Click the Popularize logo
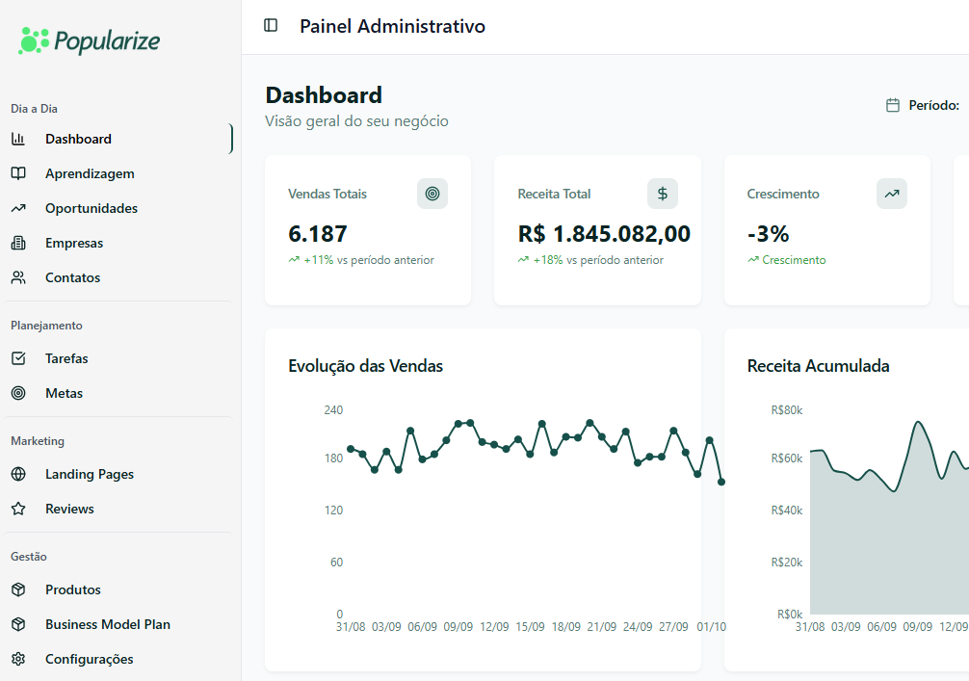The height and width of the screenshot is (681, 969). point(89,40)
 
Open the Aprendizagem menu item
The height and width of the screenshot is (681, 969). point(90,173)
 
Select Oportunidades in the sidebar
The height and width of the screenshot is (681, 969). point(91,208)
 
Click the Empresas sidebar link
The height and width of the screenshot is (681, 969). point(73,243)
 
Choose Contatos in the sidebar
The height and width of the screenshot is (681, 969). point(72,277)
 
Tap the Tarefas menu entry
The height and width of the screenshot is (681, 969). point(66,358)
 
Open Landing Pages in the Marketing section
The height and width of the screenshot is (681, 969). point(89,474)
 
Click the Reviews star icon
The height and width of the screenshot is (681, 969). point(18,509)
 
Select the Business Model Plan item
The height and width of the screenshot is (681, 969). point(107,624)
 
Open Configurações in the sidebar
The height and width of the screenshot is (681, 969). point(89,659)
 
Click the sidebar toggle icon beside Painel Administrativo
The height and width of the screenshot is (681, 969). point(271,26)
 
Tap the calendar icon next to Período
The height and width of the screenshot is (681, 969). point(893,105)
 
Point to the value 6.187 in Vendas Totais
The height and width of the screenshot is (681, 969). point(318,234)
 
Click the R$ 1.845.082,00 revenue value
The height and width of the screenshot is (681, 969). point(604,234)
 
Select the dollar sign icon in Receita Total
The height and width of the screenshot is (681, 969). point(663,194)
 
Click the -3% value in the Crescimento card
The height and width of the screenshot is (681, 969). point(768,234)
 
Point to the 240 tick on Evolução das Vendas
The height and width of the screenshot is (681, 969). point(333,409)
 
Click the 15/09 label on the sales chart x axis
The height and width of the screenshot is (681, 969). point(530,627)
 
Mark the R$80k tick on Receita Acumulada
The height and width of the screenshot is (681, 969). point(787,409)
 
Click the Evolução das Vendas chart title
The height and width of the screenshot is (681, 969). point(365,366)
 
